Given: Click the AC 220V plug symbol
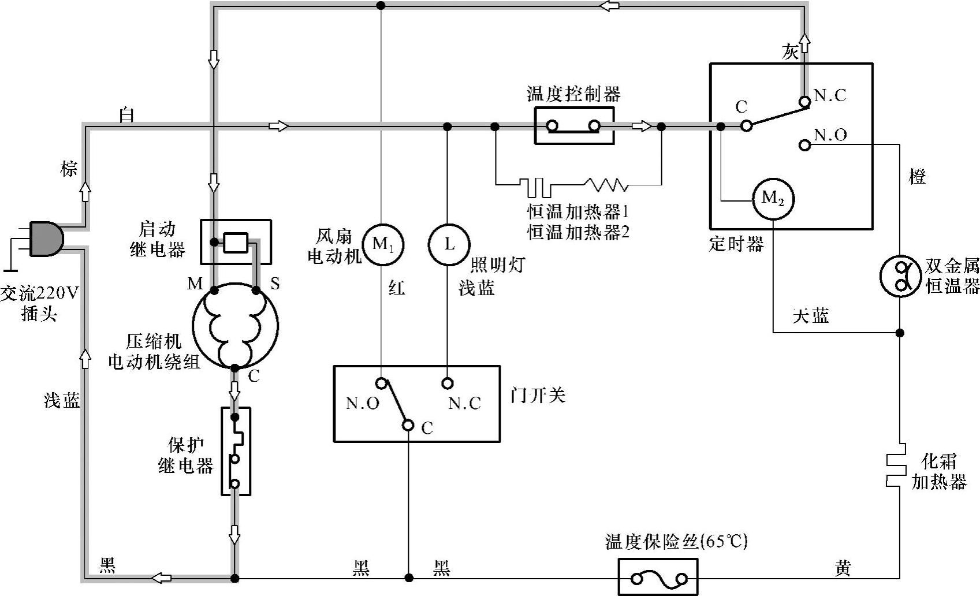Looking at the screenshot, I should (x=45, y=239).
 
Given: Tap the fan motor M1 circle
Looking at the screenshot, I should (x=382, y=244).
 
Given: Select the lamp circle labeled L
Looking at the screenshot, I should (x=449, y=244).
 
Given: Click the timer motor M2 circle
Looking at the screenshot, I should (x=773, y=199).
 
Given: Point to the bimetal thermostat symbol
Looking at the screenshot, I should (x=900, y=276).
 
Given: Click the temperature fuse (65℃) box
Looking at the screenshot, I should (x=658, y=577).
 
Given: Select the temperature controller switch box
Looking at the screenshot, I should (x=573, y=126).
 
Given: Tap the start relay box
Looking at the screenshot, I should (x=236, y=241).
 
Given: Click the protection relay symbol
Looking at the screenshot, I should (x=236, y=450).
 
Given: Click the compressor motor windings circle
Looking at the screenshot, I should (x=235, y=326).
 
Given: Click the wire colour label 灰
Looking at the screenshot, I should (x=790, y=52).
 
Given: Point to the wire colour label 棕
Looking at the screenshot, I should (x=69, y=169).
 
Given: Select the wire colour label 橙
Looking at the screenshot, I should (x=917, y=177).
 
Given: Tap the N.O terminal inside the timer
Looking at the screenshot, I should (x=804, y=145).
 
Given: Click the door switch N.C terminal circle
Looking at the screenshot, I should (x=447, y=383).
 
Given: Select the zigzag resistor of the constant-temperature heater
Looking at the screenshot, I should (x=605, y=185).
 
